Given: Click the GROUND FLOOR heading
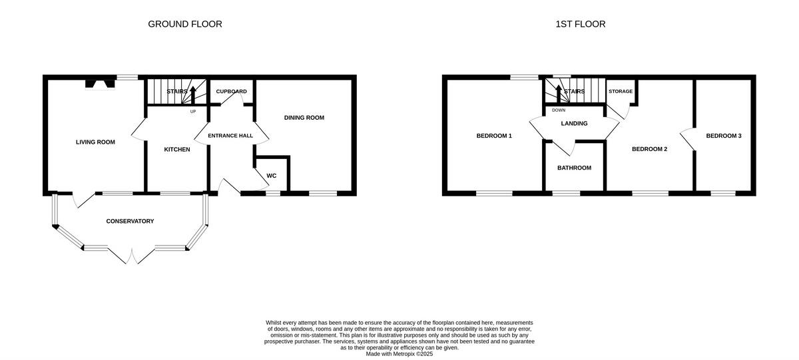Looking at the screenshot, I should pyautogui.click(x=185, y=25).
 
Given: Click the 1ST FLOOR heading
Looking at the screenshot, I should pyautogui.click(x=581, y=25).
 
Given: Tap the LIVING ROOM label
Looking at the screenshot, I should pyautogui.click(x=95, y=142).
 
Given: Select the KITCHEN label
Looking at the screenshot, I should pyautogui.click(x=177, y=150).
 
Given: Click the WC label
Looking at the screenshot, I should pyautogui.click(x=272, y=176).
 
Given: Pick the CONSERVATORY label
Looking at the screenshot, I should pyautogui.click(x=130, y=221).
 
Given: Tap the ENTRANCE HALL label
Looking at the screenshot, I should pyautogui.click(x=230, y=136).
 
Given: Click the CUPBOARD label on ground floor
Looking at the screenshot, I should pyautogui.click(x=232, y=91).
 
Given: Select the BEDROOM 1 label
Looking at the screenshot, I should pyautogui.click(x=494, y=136).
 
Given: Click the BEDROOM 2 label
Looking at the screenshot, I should pyautogui.click(x=649, y=149).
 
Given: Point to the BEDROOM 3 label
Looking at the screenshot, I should pyautogui.click(x=724, y=136).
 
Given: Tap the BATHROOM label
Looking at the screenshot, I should pyautogui.click(x=574, y=168).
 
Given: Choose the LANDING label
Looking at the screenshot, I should pyautogui.click(x=574, y=123).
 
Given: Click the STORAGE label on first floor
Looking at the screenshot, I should pyautogui.click(x=621, y=91).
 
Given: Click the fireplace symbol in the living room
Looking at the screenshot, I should pyautogui.click(x=97, y=84).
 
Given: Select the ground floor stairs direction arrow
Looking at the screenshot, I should pyautogui.click(x=193, y=93).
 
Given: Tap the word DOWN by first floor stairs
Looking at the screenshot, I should pyautogui.click(x=559, y=110).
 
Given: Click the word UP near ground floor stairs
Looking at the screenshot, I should pyautogui.click(x=193, y=111).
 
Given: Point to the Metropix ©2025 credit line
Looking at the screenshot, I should pyautogui.click(x=400, y=354).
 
